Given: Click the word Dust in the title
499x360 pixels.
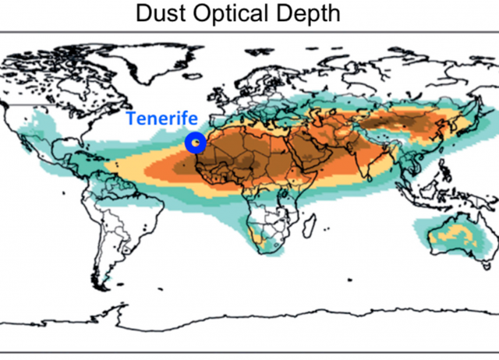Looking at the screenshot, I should point(165,13).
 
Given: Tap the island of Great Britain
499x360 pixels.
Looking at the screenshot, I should point(213,95).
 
